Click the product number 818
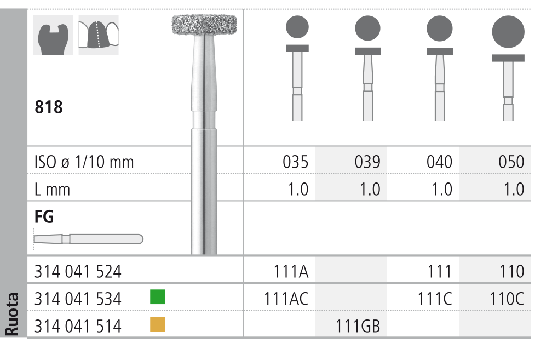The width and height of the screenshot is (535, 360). point(48,107)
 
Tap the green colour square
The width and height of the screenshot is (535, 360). point(157,296)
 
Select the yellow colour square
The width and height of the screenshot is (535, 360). point(157,324)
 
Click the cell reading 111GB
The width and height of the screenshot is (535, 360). point(358,326)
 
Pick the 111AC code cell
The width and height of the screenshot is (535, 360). point(286,299)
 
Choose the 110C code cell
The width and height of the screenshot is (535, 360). point(507,299)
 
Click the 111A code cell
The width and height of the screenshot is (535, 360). point(291,272)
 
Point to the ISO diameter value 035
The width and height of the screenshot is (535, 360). point(296,162)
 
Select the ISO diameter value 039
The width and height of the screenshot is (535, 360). point(367,162)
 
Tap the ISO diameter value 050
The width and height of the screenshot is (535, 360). point(511,162)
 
